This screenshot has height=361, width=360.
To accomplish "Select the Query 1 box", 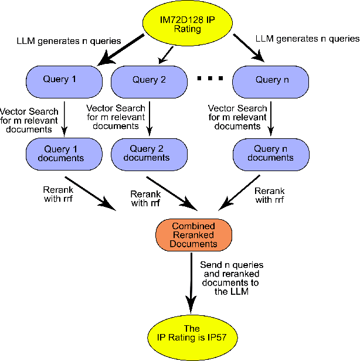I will click(x=60, y=80).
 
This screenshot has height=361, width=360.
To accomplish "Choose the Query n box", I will click(x=270, y=80).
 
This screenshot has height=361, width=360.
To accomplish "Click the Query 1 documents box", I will click(x=60, y=153).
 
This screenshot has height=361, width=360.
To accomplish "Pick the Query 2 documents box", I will click(x=149, y=153).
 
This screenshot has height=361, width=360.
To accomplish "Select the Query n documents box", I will click(x=270, y=153).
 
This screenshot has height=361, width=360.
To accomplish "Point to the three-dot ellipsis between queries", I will click(x=210, y=79).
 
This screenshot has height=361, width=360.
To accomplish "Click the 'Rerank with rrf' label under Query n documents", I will click(x=270, y=195).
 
